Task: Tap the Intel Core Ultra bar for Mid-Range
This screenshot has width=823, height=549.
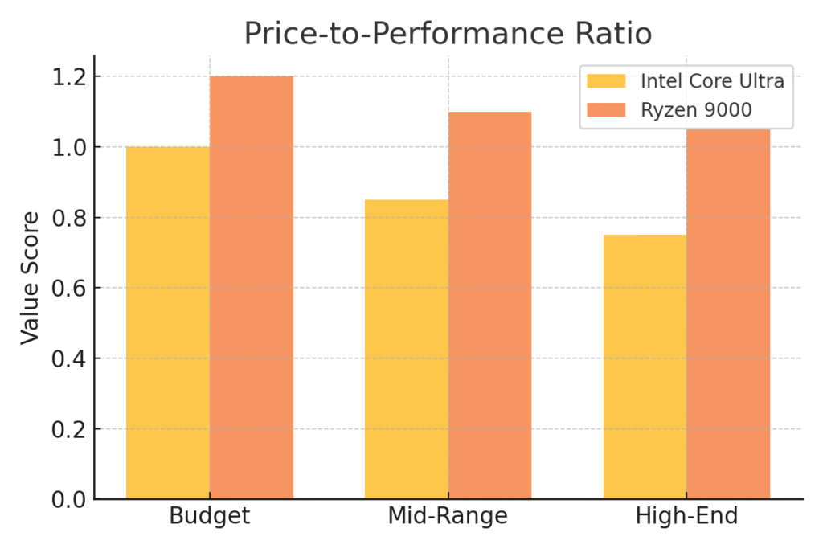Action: click(406, 350)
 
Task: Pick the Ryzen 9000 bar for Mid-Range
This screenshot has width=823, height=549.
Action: click(489, 305)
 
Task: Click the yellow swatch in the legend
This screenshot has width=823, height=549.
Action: click(606, 81)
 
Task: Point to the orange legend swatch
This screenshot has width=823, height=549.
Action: click(606, 109)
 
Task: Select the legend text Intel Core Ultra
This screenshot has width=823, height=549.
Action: click(712, 81)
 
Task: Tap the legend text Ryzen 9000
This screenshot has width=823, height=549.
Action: click(696, 109)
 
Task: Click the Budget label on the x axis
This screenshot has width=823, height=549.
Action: click(210, 516)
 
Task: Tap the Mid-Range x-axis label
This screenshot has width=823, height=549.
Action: click(448, 516)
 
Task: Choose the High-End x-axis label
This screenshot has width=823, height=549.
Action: click(686, 516)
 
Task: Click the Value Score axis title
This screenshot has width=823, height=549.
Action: click(30, 277)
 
